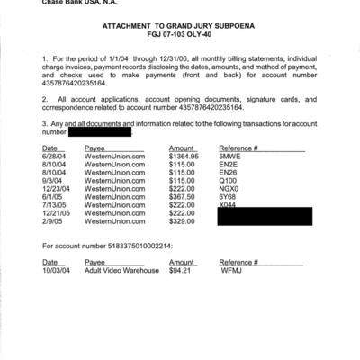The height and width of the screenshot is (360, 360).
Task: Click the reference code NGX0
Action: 229,188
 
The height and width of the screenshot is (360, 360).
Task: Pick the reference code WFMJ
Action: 232,270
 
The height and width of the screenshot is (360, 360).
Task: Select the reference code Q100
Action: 228,180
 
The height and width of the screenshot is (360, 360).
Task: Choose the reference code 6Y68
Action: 228,197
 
